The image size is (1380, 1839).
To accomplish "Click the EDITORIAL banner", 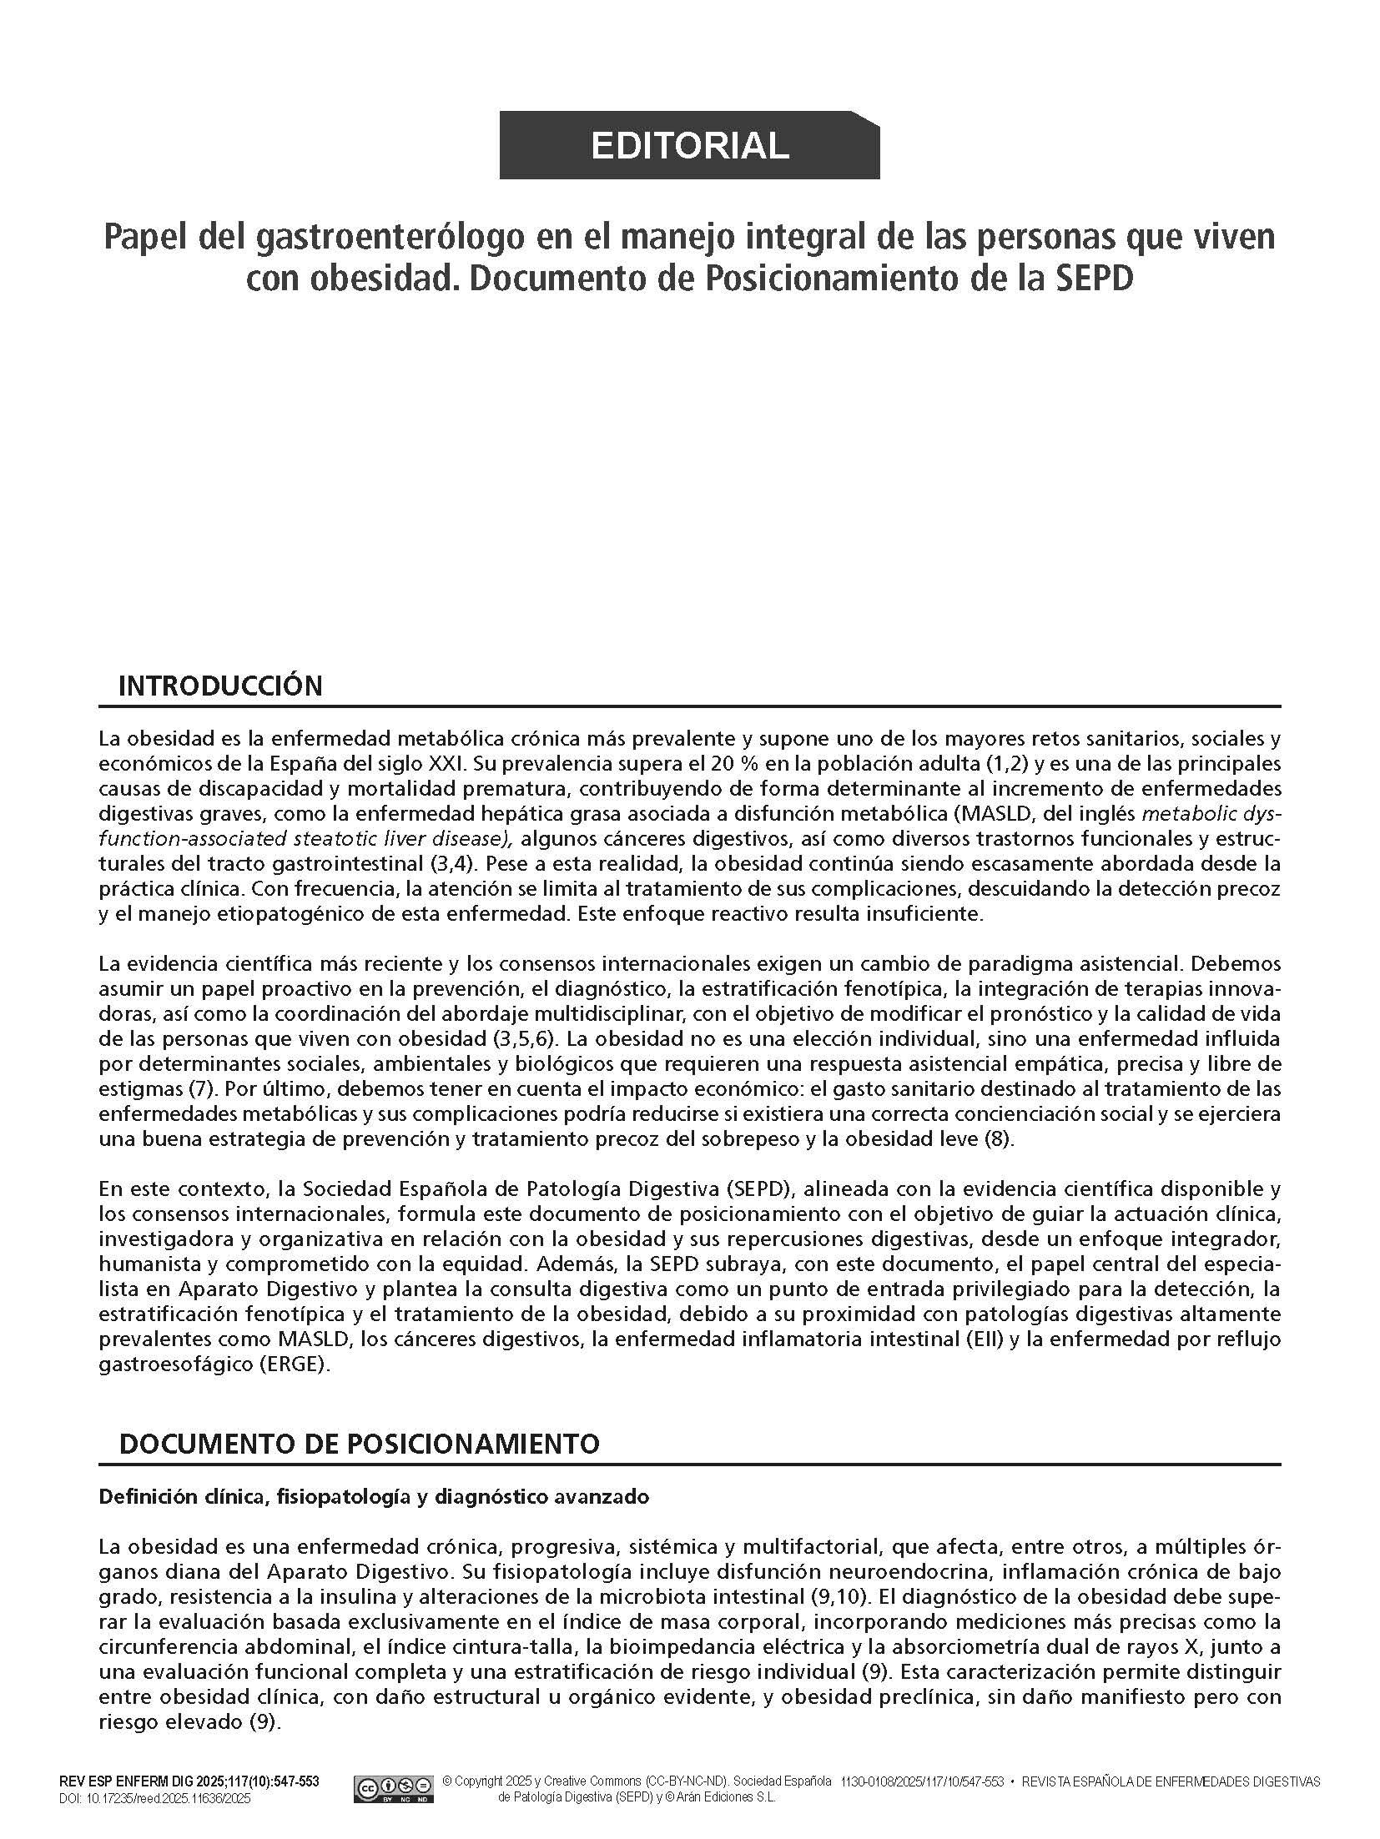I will click(689, 145).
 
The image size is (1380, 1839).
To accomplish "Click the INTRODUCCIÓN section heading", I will click(220, 686).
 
